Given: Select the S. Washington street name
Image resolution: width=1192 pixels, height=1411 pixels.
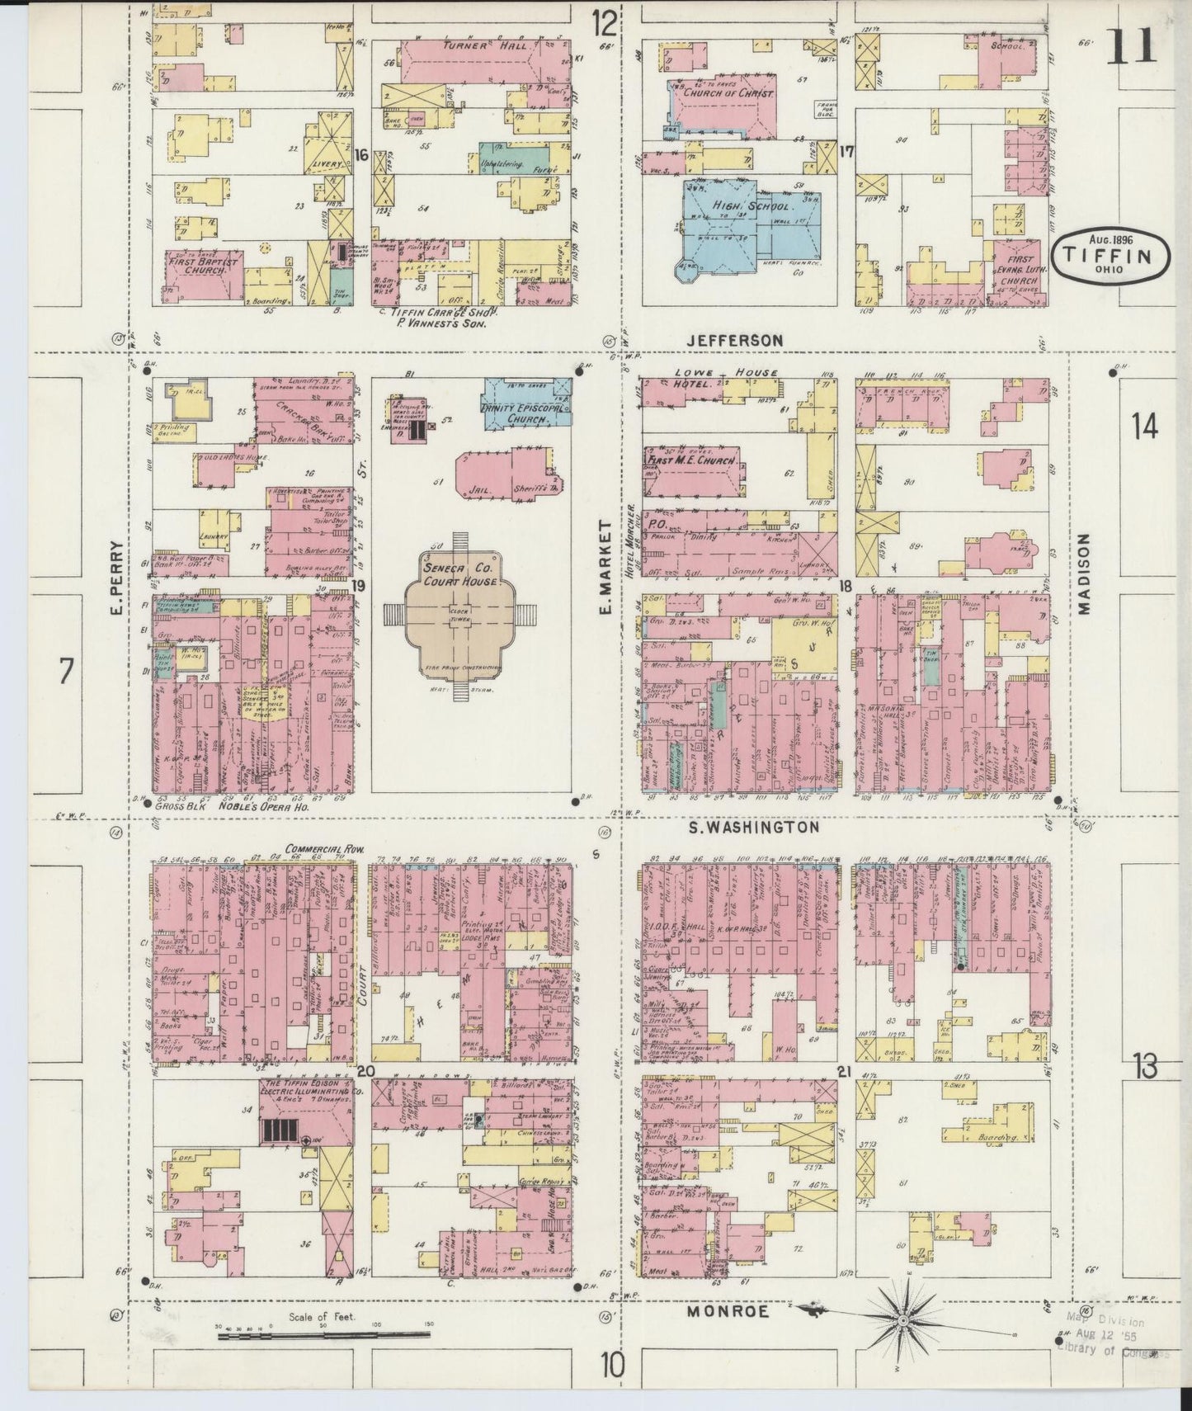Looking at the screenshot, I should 753,826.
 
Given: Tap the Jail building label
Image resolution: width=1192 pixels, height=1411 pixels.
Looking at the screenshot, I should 479,488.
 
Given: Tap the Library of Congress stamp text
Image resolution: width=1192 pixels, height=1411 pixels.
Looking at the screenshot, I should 1114,1352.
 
